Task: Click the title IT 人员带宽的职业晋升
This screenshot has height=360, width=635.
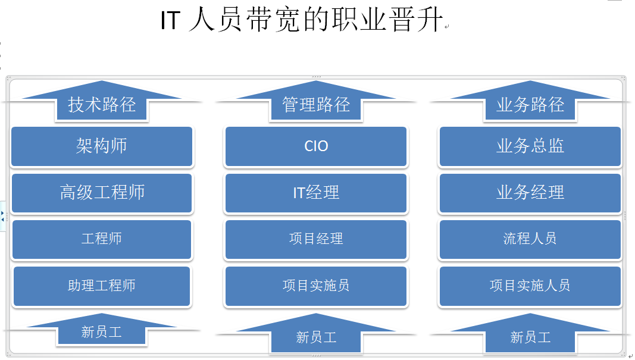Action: coord(302,20)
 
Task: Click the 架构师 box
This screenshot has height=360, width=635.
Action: coord(102,146)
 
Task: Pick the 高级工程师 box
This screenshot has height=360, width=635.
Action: coord(102,193)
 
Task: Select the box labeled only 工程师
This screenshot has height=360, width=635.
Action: coord(102,239)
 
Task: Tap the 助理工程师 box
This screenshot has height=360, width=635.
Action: coord(102,286)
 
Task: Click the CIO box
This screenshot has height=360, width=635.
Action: coord(316,146)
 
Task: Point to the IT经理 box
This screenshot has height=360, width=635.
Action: coord(316,193)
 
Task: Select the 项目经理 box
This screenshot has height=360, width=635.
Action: coord(316,239)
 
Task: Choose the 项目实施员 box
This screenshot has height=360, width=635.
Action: coord(316,286)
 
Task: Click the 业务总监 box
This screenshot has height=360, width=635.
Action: coord(530,146)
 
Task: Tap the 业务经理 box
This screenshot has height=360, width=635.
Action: coord(530,193)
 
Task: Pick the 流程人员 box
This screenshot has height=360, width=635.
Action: coord(530,239)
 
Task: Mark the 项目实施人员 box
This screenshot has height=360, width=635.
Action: coord(530,286)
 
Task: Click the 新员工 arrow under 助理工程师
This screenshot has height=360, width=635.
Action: coord(102,331)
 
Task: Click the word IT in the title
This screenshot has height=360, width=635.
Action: coord(170,20)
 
